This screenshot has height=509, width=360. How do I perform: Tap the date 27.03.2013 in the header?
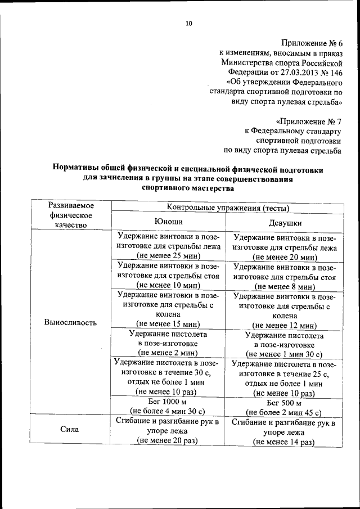[292, 73]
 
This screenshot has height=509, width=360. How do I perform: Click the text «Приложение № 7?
[309, 121]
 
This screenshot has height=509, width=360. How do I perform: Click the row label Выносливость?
[70, 322]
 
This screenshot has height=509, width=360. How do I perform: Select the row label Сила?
[70, 430]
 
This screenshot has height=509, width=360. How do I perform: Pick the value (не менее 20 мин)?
[285, 257]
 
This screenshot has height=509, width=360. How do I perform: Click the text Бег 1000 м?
[167, 402]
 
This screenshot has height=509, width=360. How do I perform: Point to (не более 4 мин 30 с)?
[167, 412]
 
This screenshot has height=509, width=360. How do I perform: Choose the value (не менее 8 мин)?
[284, 286]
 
